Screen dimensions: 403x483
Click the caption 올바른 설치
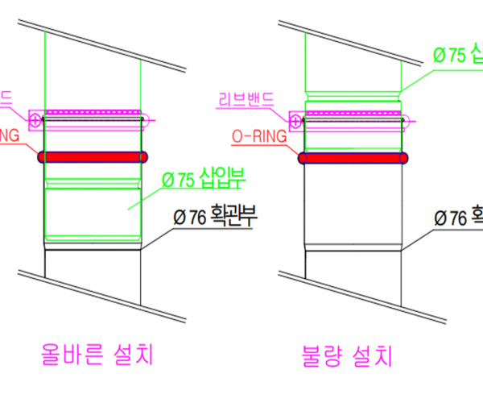[97, 353]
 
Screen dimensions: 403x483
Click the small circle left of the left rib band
[35, 120]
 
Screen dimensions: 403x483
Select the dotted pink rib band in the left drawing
[93, 112]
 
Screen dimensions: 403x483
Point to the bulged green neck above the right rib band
[354, 96]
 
